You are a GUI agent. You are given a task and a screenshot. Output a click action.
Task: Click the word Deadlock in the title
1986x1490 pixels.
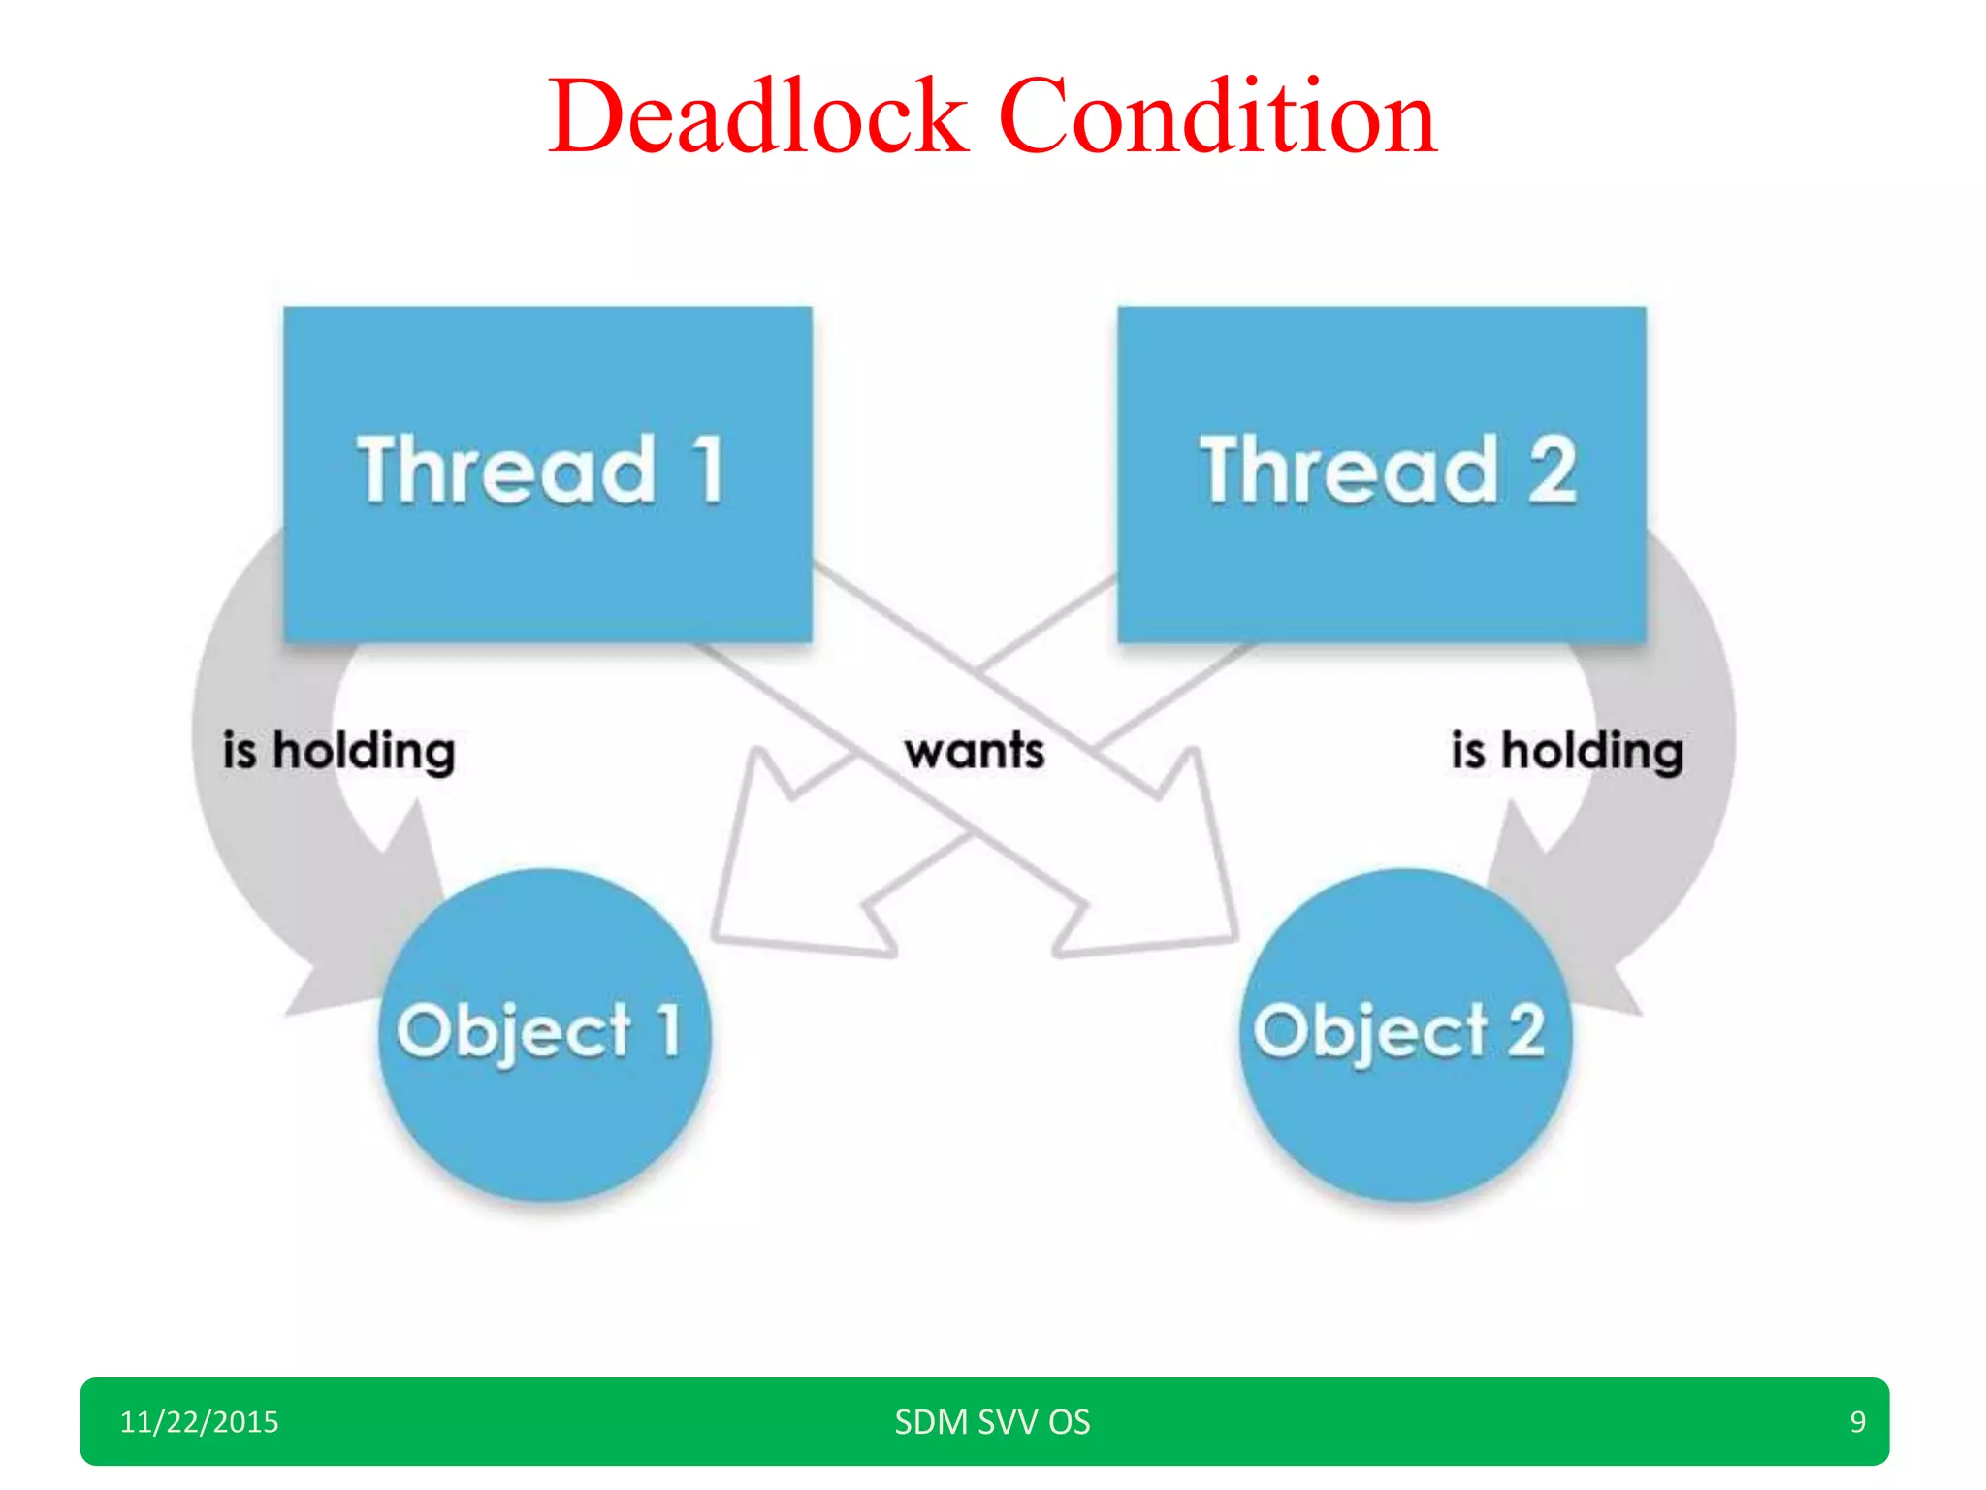pyautogui.click(x=758, y=118)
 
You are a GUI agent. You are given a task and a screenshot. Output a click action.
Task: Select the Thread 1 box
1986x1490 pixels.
pyautogui.click(x=547, y=473)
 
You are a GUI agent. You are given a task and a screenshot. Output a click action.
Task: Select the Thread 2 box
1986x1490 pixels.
pyautogui.click(x=1381, y=473)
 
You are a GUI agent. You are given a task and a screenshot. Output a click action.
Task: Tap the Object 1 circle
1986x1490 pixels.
pyautogui.click(x=545, y=1034)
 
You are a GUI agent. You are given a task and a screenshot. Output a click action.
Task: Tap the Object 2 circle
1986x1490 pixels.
pyautogui.click(x=1404, y=1034)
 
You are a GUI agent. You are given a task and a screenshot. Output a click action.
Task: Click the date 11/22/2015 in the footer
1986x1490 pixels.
pyautogui.click(x=199, y=1422)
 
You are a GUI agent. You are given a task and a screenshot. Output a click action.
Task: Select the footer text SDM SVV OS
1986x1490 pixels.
pyautogui.click(x=992, y=1422)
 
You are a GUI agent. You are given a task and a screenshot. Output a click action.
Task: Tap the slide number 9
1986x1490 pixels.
pyautogui.click(x=1857, y=1422)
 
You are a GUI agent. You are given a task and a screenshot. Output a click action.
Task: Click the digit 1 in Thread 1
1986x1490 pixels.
pyautogui.click(x=709, y=470)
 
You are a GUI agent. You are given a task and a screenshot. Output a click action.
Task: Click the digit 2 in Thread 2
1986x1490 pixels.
pyautogui.click(x=1552, y=470)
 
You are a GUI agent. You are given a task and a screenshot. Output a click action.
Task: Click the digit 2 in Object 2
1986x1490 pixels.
pyautogui.click(x=1525, y=1030)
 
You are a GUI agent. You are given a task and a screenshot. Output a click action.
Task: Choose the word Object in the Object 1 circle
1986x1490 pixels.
pyautogui.click(x=514, y=1032)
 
